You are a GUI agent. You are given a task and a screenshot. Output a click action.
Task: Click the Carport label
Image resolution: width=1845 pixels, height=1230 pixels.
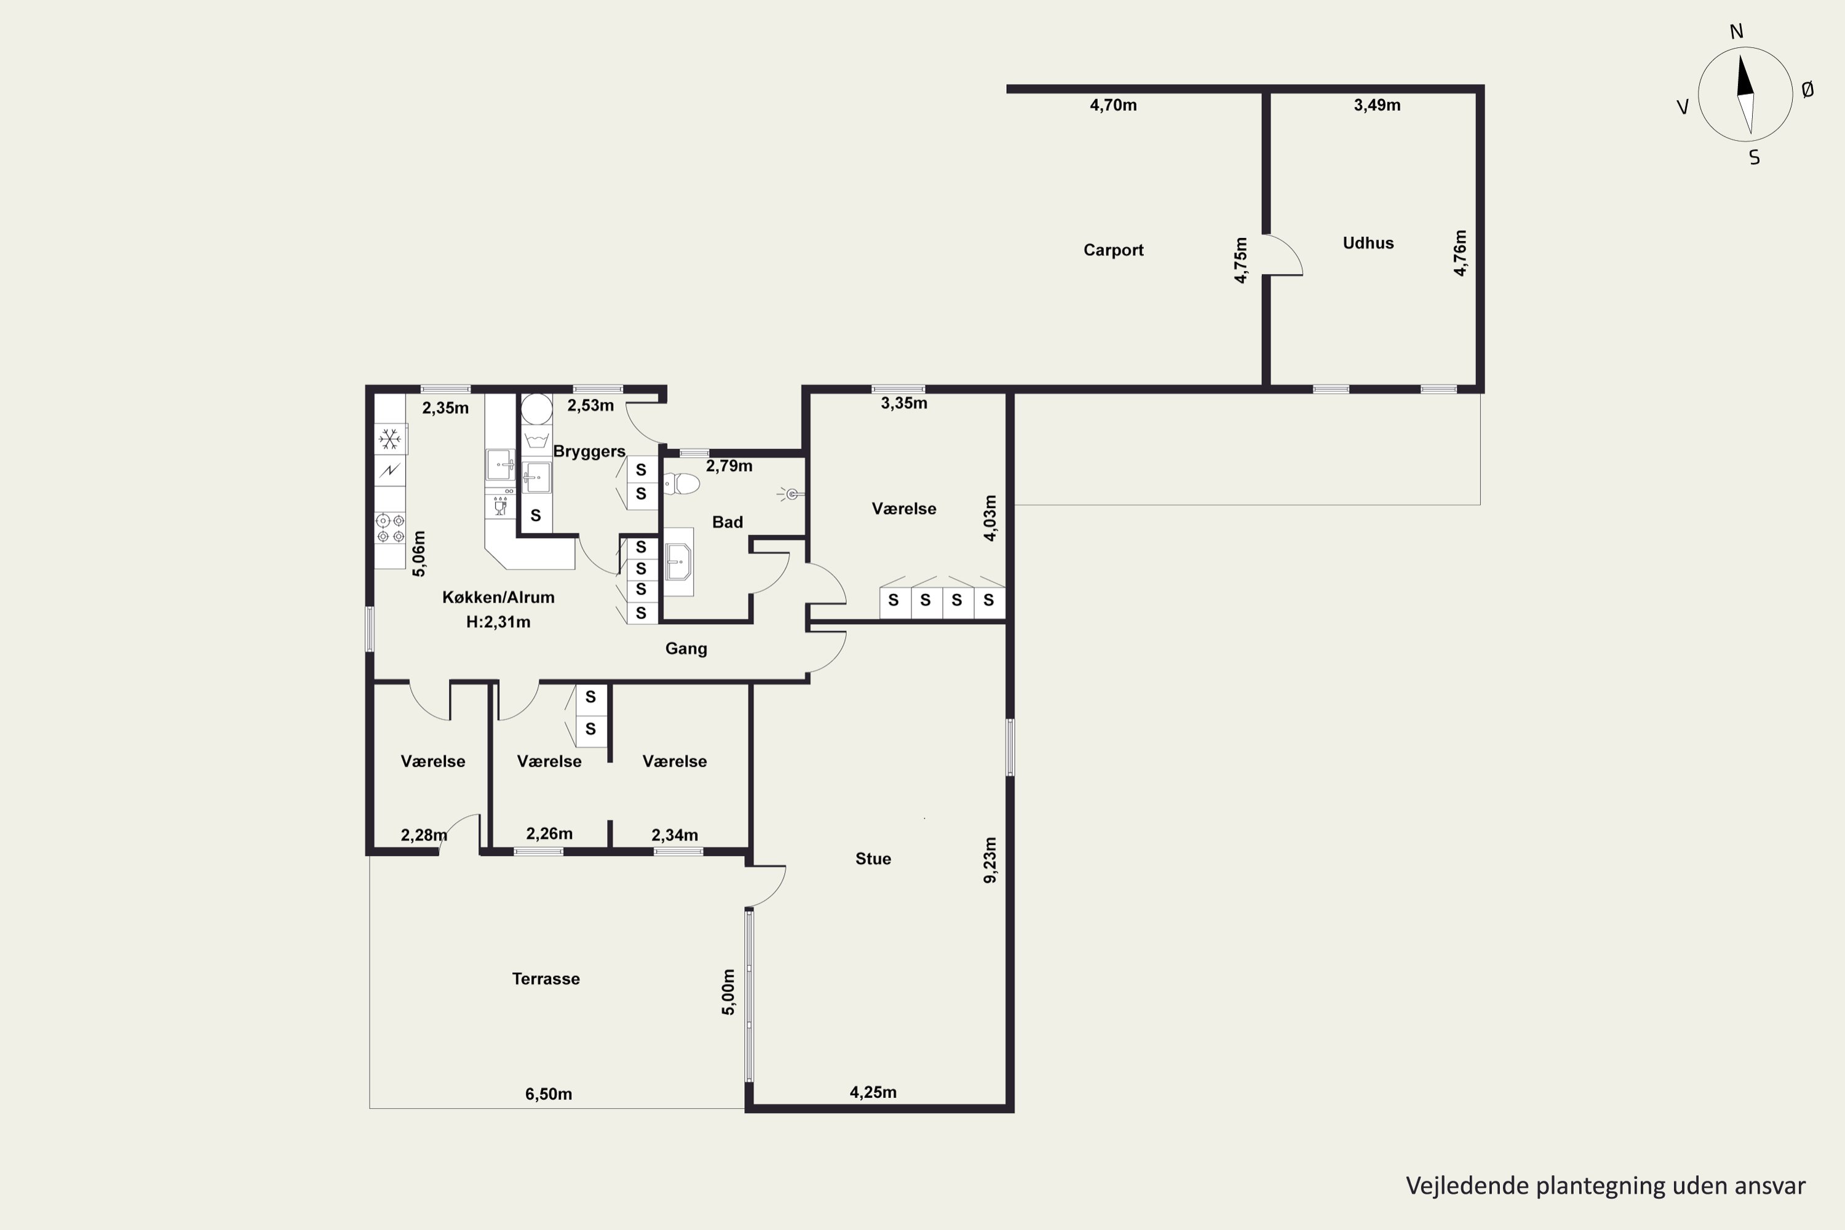pos(1113,250)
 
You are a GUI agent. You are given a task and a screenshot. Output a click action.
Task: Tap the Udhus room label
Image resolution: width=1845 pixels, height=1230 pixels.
pos(1368,243)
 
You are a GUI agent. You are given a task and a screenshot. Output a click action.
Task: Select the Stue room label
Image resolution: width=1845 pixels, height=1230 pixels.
pos(873,859)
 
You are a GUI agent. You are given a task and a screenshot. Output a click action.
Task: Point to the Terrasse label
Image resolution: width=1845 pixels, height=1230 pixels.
pos(546,979)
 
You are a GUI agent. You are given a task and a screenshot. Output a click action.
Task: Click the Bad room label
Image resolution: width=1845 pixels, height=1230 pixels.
pos(727,522)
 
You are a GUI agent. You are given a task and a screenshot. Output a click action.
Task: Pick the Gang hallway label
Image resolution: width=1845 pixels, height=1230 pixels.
pos(686,649)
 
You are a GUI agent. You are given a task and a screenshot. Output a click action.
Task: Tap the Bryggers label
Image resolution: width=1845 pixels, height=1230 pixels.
pos(589,451)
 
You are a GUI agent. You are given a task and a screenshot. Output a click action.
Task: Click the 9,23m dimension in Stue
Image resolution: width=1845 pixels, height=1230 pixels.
pos(990,860)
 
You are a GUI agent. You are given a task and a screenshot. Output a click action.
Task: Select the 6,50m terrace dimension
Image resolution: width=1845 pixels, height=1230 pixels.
pos(549,1094)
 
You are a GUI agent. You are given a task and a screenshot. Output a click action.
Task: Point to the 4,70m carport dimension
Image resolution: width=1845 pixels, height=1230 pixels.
pos(1113,105)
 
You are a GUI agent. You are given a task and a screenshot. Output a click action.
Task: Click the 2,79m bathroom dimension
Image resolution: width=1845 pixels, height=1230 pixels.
pos(729,466)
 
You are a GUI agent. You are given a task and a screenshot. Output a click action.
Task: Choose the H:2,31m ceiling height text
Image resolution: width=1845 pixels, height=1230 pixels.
pos(498,622)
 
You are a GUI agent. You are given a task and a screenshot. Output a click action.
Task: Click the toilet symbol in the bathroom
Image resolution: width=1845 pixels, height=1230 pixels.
pos(681,484)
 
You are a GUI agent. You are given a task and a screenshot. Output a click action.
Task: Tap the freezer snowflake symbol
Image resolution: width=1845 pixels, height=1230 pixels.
pos(390,439)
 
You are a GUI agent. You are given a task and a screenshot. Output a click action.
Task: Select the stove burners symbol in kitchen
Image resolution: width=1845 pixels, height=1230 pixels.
pos(390,528)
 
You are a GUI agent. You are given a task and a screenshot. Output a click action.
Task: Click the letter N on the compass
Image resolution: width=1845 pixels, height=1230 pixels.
pos(1737,31)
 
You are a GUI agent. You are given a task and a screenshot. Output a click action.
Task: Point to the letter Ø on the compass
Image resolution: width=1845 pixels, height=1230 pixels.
pos(1808,90)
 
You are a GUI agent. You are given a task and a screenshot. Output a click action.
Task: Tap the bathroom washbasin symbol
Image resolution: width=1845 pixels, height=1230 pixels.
pos(678,561)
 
